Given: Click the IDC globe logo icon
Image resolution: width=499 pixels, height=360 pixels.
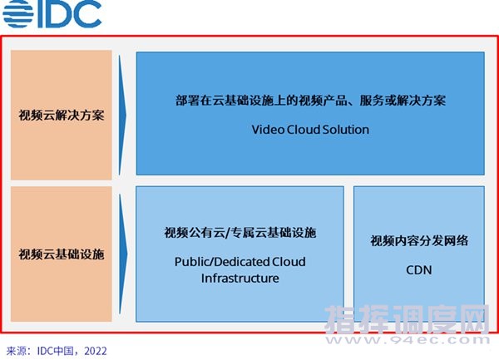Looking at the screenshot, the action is (18, 13).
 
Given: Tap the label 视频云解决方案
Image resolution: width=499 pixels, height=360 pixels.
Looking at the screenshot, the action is (62, 115).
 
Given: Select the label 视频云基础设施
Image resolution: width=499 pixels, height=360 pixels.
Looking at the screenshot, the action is (62, 254).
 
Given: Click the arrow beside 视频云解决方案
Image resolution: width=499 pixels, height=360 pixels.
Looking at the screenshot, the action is (122, 115).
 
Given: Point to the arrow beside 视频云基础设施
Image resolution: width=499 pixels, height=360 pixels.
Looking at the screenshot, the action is (123, 254).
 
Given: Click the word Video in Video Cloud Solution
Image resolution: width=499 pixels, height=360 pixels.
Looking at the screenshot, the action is (268, 130).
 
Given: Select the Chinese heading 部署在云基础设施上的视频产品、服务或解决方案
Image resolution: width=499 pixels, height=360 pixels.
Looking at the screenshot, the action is (310, 101).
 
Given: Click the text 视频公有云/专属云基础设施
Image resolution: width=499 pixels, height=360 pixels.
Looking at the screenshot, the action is (240, 233).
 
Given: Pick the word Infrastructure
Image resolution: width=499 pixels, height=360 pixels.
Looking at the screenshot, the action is (240, 279).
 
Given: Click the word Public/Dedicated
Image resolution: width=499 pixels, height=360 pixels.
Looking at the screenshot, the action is (218, 262).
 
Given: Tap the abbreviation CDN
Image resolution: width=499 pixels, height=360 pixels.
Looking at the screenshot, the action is (419, 270).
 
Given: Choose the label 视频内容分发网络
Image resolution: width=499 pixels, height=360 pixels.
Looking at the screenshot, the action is (419, 241).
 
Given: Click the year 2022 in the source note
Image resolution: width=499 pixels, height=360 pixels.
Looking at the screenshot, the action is (96, 351).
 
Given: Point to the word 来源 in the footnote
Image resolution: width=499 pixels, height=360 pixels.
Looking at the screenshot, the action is (17, 351).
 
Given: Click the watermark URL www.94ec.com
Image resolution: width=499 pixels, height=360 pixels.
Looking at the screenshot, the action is (408, 340).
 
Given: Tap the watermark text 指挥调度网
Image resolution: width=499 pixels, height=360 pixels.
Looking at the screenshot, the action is (407, 319).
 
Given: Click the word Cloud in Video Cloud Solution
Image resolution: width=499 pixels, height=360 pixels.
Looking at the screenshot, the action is (303, 130).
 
